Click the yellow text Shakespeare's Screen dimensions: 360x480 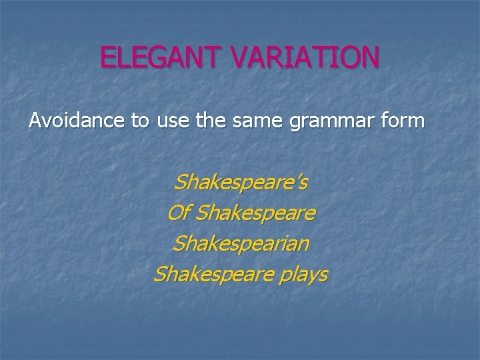(x=240, y=182)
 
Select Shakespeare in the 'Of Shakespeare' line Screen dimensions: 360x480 (x=257, y=213)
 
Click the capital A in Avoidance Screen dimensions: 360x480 (x=35, y=122)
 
